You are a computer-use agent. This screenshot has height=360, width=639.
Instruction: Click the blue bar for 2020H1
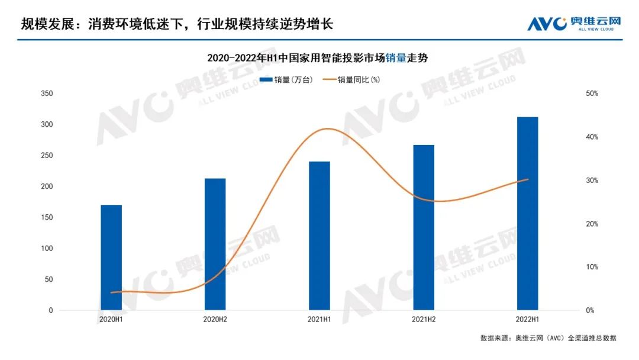[x=111, y=258]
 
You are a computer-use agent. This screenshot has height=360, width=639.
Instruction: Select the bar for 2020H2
[x=215, y=244]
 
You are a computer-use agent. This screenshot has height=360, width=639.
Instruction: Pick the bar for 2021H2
[x=424, y=227]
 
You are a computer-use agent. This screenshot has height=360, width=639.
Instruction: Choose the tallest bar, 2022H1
[x=527, y=214]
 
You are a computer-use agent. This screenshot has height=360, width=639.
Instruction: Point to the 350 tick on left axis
[x=47, y=94]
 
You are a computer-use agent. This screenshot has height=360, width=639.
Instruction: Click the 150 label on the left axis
[x=47, y=217]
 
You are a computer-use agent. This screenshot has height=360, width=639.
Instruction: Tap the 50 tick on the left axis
[x=49, y=279]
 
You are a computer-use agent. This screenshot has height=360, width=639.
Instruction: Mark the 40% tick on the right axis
[x=591, y=137]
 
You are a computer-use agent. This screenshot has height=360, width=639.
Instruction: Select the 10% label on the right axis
[x=591, y=267]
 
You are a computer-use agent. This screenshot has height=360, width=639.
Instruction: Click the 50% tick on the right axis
[x=591, y=94]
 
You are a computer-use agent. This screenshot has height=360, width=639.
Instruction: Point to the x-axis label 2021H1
[x=319, y=320]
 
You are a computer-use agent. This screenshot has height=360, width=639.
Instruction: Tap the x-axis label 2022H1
[x=527, y=320]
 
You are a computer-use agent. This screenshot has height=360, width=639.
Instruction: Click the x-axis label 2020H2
[x=215, y=320]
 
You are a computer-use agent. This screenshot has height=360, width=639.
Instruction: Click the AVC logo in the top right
[x=574, y=24]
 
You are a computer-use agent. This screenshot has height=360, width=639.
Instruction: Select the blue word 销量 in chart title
[x=395, y=58]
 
